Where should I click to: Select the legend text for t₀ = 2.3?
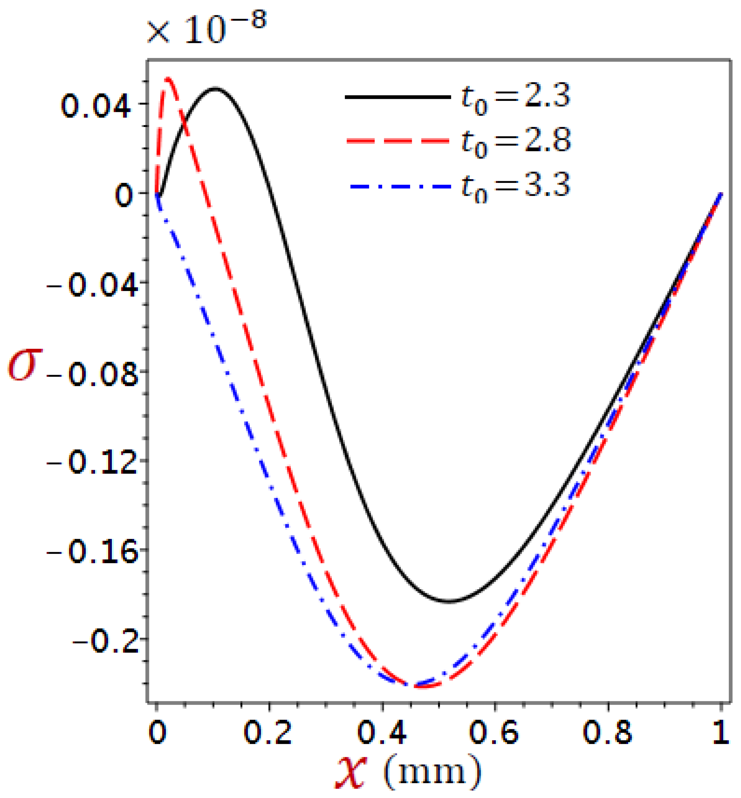point(516,97)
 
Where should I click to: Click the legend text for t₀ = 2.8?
point(516,141)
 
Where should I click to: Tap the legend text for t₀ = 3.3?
point(516,186)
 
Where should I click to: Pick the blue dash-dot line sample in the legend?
point(398,186)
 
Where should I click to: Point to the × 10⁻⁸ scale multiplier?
point(207,29)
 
